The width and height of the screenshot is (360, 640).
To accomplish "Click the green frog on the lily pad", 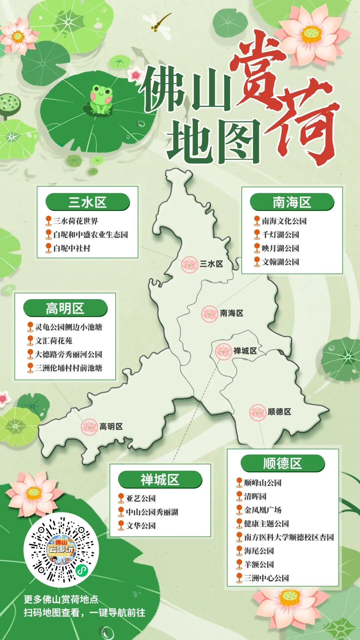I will [101, 99].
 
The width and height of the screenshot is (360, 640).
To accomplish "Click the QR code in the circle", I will [61, 549].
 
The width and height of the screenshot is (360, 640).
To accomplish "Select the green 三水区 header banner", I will [87, 202].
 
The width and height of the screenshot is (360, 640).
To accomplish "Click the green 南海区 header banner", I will [292, 202].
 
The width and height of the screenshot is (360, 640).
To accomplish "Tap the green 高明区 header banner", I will [65, 308].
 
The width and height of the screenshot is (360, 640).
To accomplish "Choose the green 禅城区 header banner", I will [160, 480].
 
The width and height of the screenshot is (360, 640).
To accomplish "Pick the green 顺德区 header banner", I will [282, 463].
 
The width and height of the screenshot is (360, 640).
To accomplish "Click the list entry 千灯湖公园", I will [280, 235].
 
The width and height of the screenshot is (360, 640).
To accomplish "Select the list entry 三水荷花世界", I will [76, 221].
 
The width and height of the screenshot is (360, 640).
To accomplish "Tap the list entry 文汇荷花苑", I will [54, 341].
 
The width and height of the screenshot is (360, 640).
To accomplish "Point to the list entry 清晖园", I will [255, 496].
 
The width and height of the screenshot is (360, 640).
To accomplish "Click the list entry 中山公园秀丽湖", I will [152, 512].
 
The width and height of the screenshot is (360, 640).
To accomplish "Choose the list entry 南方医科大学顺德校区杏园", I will [289, 537].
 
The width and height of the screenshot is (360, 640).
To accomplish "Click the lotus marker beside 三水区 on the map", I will [189, 265].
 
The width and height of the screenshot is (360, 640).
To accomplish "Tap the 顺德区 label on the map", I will [279, 412].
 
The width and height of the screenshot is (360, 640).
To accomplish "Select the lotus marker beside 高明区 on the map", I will [89, 427].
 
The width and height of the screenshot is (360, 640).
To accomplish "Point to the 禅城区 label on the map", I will [245, 351].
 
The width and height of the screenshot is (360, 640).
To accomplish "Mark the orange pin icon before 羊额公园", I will [239, 564].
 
